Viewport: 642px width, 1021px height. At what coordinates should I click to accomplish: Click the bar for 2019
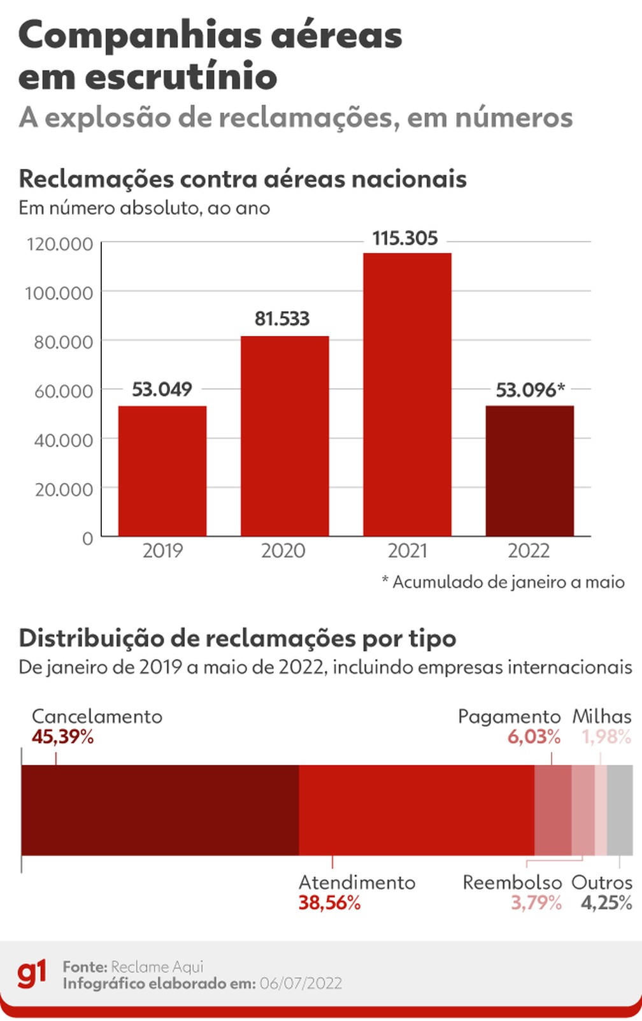[162, 471]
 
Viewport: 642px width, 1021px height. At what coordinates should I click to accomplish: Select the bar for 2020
[285, 436]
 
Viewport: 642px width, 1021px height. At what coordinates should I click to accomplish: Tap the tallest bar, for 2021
[407, 395]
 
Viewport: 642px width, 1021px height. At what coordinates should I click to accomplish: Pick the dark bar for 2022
[529, 471]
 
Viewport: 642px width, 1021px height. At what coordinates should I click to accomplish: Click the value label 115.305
[405, 238]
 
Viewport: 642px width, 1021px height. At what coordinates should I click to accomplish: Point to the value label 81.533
[282, 318]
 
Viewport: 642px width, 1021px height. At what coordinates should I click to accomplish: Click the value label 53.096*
[530, 389]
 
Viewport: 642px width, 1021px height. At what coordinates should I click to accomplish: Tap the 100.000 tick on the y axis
[59, 293]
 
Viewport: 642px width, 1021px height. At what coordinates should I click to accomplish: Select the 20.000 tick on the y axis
[63, 489]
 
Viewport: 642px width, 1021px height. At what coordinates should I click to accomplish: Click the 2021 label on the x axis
[407, 551]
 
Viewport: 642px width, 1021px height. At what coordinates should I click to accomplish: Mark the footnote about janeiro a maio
[503, 582]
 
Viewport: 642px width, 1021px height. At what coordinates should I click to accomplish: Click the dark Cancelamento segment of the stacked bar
[160, 810]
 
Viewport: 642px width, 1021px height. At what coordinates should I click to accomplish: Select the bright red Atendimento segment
[416, 810]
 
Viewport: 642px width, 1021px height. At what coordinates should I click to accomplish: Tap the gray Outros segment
[619, 810]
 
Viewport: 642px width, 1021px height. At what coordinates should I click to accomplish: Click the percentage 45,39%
[62, 737]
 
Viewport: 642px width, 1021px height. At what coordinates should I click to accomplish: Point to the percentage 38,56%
[329, 903]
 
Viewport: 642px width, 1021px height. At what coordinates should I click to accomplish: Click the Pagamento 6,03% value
[534, 737]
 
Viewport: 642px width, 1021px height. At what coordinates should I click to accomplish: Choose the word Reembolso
[512, 883]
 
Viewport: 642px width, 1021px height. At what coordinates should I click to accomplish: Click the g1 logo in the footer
[32, 974]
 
